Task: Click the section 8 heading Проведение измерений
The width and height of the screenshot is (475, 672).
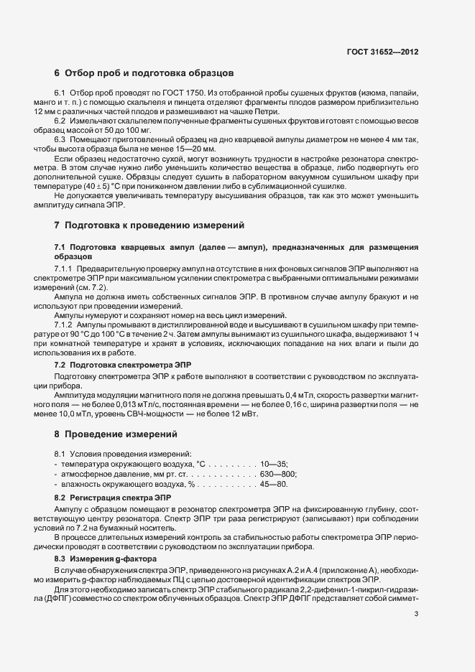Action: point(116,434)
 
